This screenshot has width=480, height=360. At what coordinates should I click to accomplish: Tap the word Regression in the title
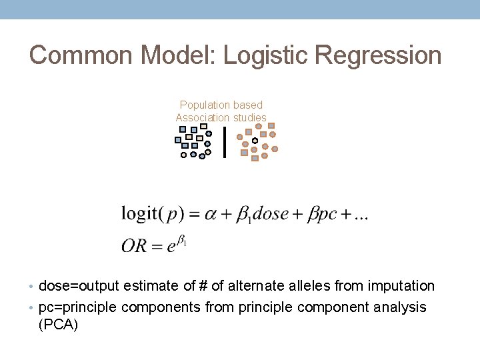pos(381,55)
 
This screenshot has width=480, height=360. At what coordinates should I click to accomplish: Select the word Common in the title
pos(71,55)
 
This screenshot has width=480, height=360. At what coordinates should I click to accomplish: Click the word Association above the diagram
pos(201,118)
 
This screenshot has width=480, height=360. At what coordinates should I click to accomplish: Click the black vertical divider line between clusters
pos(224,142)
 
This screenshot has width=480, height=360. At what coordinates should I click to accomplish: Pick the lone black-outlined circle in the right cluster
pos(255,141)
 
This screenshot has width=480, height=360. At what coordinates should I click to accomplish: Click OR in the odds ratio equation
pos(133,245)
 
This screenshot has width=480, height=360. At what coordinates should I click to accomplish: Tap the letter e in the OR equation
pos(171,246)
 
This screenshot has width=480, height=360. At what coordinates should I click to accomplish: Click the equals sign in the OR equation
pos(156,246)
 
